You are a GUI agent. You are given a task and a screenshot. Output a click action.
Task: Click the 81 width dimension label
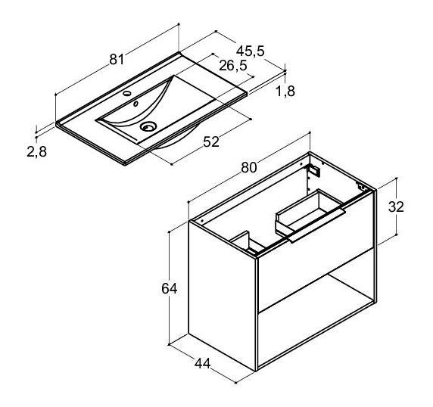[117, 59]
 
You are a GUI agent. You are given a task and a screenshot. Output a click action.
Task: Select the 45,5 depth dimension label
[251, 51]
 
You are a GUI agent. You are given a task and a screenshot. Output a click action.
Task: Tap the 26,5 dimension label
[233, 66]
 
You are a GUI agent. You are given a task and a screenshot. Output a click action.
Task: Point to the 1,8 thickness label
[285, 91]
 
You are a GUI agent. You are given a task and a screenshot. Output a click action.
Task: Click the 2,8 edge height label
[37, 151]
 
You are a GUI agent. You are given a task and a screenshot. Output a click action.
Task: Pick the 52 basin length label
[211, 141]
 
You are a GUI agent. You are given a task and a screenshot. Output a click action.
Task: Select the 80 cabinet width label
[249, 167]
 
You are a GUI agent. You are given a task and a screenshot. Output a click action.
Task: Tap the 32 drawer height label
[396, 207]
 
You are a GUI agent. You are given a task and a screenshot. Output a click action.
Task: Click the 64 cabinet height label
[170, 289]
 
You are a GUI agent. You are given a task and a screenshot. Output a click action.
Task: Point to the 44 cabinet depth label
[202, 364]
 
